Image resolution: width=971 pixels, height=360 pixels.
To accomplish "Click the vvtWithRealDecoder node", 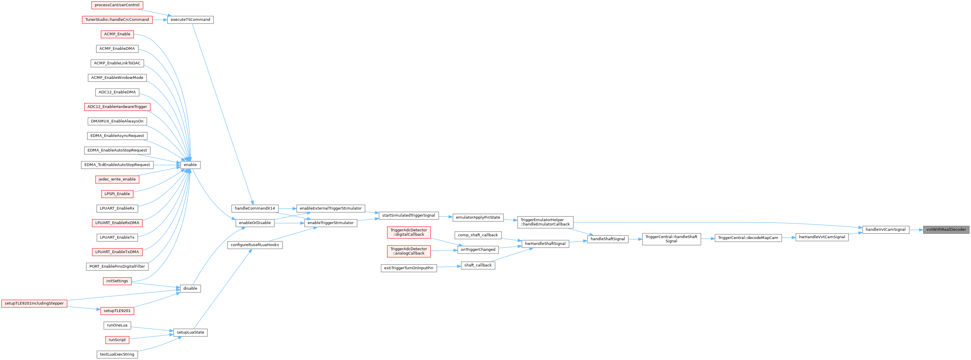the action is click(x=946, y=230).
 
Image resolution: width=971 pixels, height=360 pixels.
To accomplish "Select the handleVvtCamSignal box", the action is click(x=885, y=230).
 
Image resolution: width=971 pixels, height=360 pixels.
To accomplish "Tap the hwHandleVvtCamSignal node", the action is click(x=822, y=237).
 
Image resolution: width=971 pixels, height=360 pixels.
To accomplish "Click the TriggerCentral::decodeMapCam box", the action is click(x=748, y=238).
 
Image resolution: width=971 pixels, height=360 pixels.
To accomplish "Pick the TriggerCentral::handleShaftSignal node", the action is click(x=671, y=239).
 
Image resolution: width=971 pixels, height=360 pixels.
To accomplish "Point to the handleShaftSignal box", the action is click(x=608, y=239).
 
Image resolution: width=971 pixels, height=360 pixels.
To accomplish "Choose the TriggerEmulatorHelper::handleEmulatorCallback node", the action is click(x=545, y=222).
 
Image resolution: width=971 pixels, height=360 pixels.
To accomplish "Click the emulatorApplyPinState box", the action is click(x=478, y=218).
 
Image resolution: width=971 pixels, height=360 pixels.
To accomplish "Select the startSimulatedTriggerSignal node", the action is click(x=409, y=216).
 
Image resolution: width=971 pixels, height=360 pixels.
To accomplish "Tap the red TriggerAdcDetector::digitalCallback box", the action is click(x=409, y=232).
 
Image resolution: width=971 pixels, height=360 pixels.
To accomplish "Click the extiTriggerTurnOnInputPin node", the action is click(x=409, y=268).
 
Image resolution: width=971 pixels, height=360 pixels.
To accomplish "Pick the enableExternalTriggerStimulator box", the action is click(x=331, y=208).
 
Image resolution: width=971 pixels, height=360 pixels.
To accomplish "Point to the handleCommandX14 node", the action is click(x=255, y=208).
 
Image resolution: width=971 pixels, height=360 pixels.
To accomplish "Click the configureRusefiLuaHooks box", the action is click(x=255, y=245).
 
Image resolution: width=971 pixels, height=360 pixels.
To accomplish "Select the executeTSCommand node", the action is click(x=190, y=20).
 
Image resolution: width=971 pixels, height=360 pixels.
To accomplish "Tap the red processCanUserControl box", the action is click(x=117, y=5).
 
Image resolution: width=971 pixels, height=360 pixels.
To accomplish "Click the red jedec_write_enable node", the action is click(x=117, y=180).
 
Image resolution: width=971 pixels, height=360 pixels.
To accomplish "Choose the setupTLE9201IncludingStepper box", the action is click(x=34, y=303).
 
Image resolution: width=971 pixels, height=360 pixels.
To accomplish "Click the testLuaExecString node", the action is click(x=117, y=355).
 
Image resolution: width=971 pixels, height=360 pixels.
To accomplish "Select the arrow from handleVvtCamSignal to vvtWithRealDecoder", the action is click(x=916, y=230).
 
